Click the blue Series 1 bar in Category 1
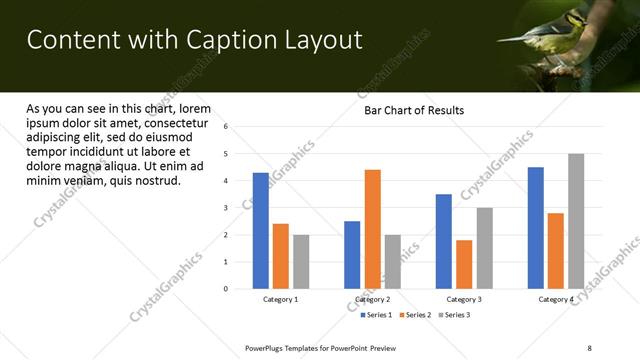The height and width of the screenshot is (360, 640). tap(260, 231)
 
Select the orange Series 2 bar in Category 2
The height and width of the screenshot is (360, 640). tap(372, 229)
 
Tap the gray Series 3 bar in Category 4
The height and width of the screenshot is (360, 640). tap(576, 221)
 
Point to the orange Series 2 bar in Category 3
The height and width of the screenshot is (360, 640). tap(464, 264)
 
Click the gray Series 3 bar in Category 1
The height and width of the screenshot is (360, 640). tap(301, 262)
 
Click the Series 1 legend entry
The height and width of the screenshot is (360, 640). tap(376, 315)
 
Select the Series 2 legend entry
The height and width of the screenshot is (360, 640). tap(415, 315)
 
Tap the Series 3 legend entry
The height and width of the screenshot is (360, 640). tap(454, 315)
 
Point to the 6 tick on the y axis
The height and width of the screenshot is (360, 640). tap(226, 127)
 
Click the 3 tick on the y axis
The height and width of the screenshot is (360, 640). tap(226, 208)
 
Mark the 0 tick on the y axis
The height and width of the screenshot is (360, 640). tap(226, 289)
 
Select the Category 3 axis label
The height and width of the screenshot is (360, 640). tap(464, 300)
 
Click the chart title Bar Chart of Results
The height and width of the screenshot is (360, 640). tap(413, 110)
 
